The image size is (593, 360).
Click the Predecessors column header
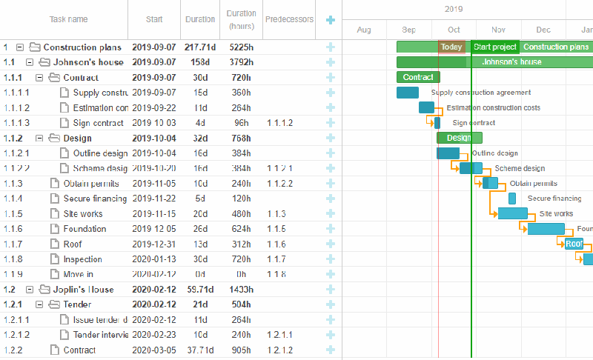coord(289,19)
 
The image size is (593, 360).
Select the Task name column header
coord(68,19)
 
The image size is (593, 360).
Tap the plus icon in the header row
coord(330,19)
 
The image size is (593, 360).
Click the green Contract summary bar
coord(418,77)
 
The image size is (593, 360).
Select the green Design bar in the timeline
coord(459,138)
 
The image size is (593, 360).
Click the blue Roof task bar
coord(574,244)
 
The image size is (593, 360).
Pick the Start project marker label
coord(495,47)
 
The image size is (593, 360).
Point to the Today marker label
coord(451,47)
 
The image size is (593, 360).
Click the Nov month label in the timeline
coord(499,30)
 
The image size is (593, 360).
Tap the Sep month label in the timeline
coord(409,30)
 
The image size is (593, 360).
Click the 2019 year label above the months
coord(454,10)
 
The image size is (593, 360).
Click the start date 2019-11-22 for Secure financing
coord(154,199)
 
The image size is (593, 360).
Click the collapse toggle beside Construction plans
coord(20,47)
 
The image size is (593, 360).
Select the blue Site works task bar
coord(512,213)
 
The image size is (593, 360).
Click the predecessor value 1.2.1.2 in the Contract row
coord(280,350)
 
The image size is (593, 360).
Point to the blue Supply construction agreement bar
coord(408,93)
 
